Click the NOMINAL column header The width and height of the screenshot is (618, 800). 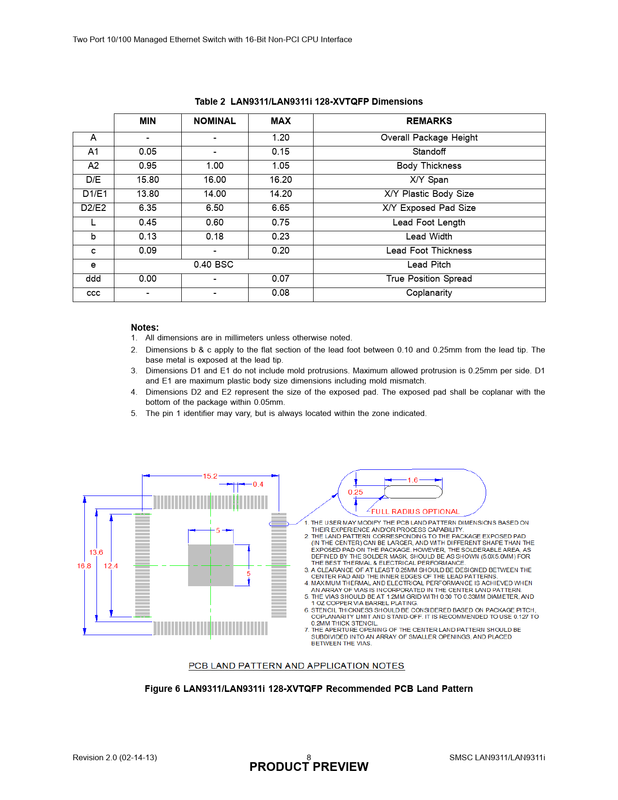point(215,121)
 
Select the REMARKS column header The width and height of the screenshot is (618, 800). point(429,121)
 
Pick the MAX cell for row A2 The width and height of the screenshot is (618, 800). point(281,166)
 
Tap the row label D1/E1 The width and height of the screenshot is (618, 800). point(94,194)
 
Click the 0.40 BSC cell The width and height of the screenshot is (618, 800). point(213,265)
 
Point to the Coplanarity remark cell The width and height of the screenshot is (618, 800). point(429,293)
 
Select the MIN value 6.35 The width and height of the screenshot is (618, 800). point(147,208)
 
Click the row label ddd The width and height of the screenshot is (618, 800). point(93,279)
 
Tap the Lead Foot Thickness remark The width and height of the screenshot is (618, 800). point(429,251)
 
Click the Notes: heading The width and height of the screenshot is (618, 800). point(145,327)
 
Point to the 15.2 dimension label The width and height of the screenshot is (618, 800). point(210,476)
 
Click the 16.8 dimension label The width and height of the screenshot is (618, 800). point(84,566)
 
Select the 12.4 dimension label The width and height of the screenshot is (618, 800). point(111,566)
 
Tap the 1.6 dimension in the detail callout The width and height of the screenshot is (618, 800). point(412,480)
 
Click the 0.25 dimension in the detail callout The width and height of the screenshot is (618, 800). point(355,492)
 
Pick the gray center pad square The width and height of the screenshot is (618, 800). point(210,565)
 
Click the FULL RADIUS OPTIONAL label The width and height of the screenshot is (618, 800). point(415,512)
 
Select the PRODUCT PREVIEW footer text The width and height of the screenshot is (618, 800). point(309,767)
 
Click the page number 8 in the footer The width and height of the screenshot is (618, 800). point(309,757)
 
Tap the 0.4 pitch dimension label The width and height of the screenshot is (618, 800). point(258,484)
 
